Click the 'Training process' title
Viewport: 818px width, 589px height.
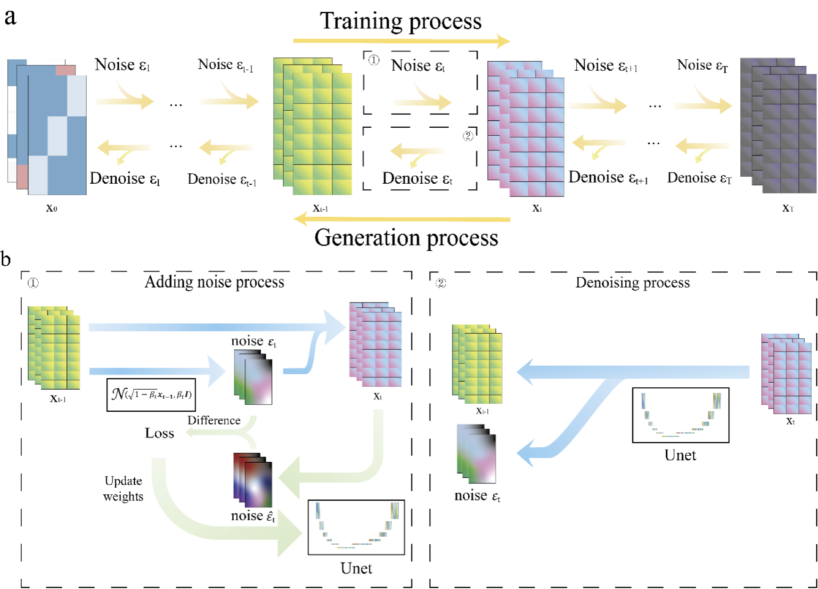(401, 21)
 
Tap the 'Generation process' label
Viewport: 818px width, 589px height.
(406, 238)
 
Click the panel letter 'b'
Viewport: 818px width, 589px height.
(6, 259)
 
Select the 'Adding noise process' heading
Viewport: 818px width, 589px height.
(214, 282)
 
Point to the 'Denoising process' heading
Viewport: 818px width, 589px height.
(632, 283)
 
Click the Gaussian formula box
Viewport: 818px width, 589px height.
(151, 395)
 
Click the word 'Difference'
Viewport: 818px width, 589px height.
(214, 420)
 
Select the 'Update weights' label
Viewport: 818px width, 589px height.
(123, 489)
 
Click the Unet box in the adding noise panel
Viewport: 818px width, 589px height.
(356, 527)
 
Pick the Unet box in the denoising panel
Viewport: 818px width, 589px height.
(680, 415)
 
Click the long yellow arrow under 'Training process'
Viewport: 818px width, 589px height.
(401, 41)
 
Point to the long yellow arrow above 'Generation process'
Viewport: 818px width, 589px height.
(401, 219)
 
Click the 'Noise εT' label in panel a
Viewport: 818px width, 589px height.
(702, 65)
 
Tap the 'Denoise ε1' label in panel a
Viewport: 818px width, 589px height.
(125, 179)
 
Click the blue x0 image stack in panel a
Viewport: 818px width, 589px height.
(47, 127)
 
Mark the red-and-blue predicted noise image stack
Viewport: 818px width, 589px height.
(253, 481)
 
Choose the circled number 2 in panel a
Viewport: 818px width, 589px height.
(467, 136)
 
